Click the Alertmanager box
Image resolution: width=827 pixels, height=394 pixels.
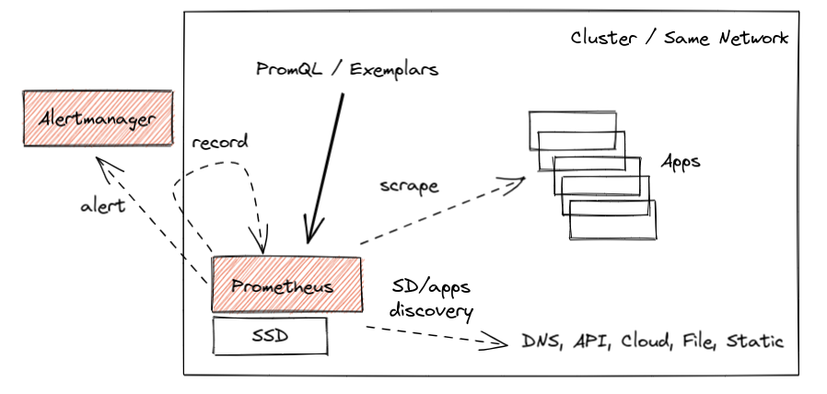click(98, 118)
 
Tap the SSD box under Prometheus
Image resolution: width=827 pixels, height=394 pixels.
click(270, 336)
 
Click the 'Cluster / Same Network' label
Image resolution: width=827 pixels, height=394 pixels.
click(679, 39)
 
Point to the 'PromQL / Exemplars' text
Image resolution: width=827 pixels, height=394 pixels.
click(345, 69)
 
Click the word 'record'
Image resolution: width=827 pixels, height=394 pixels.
click(220, 144)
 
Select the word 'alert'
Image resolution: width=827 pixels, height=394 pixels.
click(101, 206)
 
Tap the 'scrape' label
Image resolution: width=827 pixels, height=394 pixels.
click(409, 185)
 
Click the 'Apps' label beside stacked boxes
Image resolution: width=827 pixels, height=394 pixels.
click(681, 162)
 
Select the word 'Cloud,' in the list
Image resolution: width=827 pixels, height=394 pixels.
click(649, 342)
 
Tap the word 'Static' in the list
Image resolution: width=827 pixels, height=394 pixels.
click(755, 342)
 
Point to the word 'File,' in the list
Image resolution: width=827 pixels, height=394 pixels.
click(700, 342)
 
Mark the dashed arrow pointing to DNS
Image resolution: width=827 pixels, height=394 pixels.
click(433, 337)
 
